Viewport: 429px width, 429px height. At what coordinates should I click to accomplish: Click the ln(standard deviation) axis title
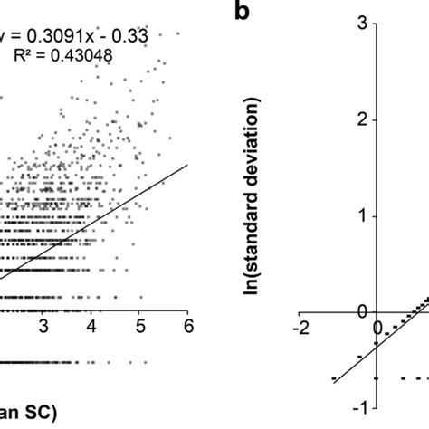coord(266,191)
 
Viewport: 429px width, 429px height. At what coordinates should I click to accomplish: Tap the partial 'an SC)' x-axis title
coord(27,414)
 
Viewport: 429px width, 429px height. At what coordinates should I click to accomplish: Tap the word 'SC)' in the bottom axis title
coord(40,414)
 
